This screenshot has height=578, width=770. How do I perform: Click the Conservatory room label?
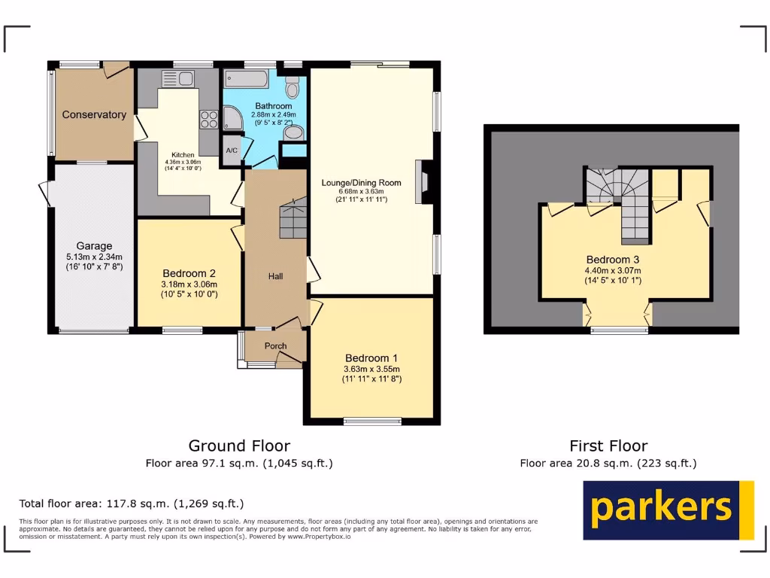[94, 115]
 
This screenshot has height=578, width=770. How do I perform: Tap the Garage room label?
[94, 246]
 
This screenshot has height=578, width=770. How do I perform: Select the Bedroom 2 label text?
[189, 273]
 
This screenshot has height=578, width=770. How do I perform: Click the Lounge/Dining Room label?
[361, 183]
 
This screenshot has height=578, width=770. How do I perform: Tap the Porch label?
[275, 346]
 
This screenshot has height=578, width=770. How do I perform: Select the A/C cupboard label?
[232, 149]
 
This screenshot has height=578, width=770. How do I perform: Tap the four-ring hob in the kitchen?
[208, 118]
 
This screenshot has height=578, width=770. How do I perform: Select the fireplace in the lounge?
[423, 182]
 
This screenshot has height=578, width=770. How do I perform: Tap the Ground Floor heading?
[239, 446]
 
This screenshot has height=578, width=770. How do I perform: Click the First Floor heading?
[608, 446]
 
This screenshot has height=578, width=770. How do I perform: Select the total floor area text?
[132, 503]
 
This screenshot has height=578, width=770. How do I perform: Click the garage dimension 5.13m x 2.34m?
[94, 257]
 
